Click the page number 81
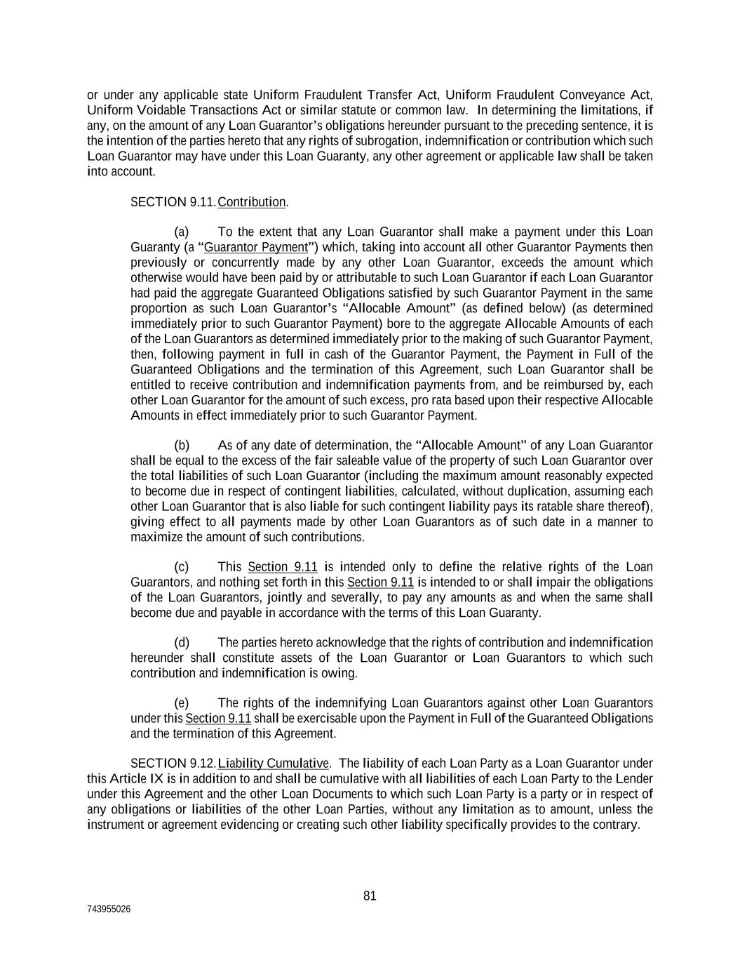(370, 896)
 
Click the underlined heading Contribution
(252, 202)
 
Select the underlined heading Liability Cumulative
(274, 764)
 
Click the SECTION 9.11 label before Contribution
(173, 202)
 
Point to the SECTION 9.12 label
(173, 764)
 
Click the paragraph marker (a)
(182, 232)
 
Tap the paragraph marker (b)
(182, 446)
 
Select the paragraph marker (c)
(182, 567)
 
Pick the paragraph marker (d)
(182, 643)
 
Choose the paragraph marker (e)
(182, 703)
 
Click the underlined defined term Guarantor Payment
(256, 247)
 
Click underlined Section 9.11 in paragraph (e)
(218, 719)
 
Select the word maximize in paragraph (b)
(156, 537)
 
